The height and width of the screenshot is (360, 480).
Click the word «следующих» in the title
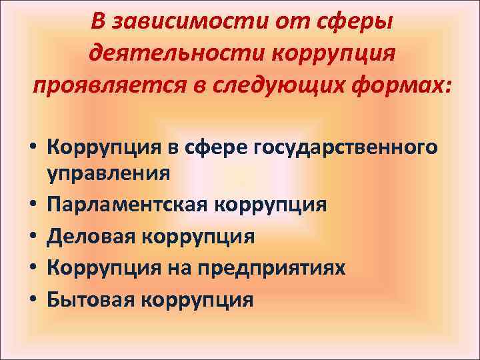[294, 85]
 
